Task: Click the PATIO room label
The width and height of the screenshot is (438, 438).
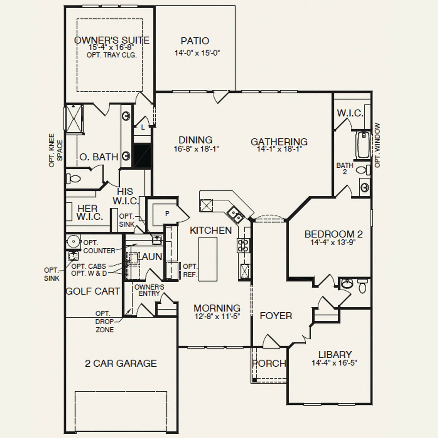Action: click(x=195, y=41)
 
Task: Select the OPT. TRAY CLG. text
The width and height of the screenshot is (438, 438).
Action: click(x=112, y=55)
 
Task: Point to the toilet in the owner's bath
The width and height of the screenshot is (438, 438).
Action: click(x=73, y=179)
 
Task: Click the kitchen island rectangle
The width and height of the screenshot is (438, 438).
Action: click(x=208, y=259)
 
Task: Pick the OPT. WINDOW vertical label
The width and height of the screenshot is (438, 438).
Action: click(x=378, y=145)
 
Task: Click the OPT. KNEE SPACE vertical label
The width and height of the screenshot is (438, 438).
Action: click(x=55, y=150)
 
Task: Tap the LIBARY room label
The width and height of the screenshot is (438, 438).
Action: click(x=335, y=354)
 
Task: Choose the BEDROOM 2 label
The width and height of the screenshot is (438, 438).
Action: click(x=333, y=234)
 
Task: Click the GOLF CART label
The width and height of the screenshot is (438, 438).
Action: click(x=93, y=291)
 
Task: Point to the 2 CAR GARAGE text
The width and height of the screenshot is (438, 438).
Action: click(x=121, y=363)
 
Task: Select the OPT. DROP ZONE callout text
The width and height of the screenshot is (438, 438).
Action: click(x=104, y=321)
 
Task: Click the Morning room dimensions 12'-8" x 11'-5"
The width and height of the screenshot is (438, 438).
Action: click(x=217, y=316)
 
